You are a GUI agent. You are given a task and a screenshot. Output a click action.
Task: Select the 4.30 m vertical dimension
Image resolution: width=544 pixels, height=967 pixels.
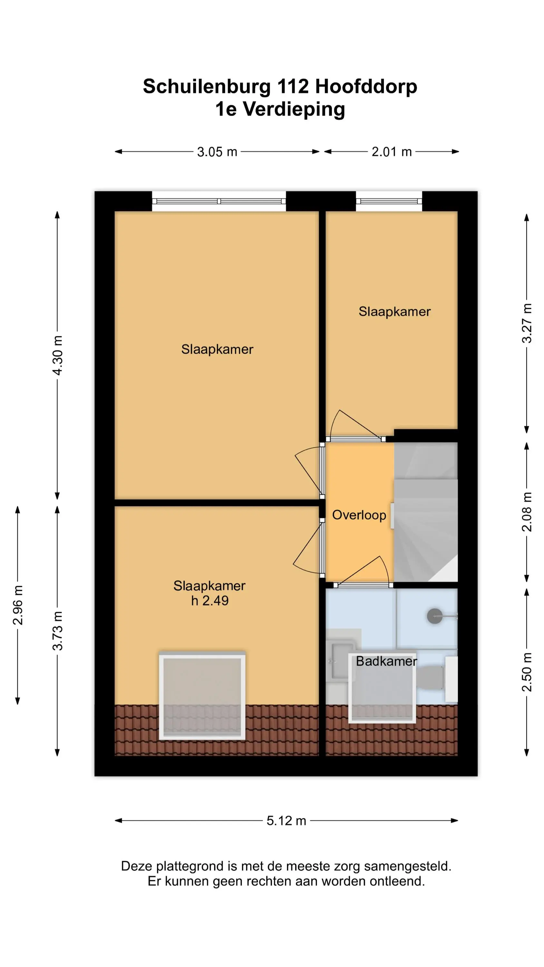coord(57,355)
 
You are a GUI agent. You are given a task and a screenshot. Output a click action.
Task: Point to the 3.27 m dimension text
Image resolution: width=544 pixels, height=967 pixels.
coord(527,323)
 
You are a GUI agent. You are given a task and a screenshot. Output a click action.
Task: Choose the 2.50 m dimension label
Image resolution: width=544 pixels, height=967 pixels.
coord(527,672)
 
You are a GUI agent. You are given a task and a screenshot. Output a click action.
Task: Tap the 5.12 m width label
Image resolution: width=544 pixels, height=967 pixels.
coord(286,821)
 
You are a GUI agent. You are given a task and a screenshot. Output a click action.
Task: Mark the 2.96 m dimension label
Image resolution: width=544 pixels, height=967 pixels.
coord(18,605)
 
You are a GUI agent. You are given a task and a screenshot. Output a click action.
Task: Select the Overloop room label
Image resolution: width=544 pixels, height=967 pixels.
coord(359,515)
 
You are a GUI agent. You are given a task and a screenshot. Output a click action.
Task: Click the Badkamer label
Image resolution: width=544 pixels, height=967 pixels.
coord(386,661)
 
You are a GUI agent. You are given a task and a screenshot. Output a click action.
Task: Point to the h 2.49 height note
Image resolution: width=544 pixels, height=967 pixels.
coord(209,601)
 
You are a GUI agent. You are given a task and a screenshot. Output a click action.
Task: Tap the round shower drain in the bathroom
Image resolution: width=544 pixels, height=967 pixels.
coord(435,616)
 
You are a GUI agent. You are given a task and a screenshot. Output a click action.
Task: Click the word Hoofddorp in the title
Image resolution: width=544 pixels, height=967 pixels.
coord(366,87)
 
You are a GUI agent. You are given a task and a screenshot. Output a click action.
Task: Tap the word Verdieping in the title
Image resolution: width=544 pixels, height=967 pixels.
coord(294,109)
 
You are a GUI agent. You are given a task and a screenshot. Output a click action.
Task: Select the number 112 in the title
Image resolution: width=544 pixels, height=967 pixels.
coord(293,87)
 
